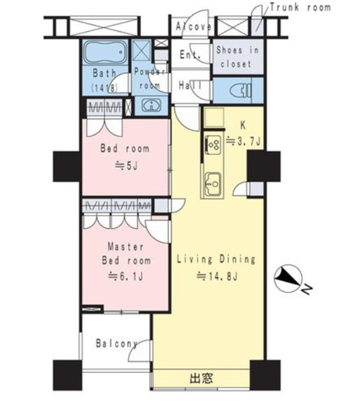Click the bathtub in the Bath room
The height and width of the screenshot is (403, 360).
coord(105,53)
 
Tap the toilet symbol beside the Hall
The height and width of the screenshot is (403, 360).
coord(240,90)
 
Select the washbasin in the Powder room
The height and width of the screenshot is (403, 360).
coord(152,105)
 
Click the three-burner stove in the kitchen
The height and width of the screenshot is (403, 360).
coord(212,145)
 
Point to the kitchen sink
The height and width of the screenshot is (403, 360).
coord(212,184)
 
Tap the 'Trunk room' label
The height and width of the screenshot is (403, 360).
coord(300,7)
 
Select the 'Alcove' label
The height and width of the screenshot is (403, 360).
coord(194,27)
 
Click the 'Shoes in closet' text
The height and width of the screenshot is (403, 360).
coord(237,57)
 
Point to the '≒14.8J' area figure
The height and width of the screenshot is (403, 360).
coord(217,276)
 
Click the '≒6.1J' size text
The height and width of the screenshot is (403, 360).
coord(125,276)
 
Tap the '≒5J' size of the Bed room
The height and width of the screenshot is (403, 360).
coord(126,166)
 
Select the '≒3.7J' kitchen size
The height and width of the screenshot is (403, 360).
coord(243,141)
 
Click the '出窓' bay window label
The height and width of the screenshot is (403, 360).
coord(202,378)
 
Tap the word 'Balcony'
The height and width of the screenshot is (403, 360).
coord(117,343)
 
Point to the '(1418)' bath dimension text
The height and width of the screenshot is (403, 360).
coord(104,88)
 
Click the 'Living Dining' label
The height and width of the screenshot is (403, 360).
coord(216,259)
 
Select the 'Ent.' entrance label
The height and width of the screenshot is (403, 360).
coord(190,55)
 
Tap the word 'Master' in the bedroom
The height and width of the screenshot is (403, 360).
coord(125,247)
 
